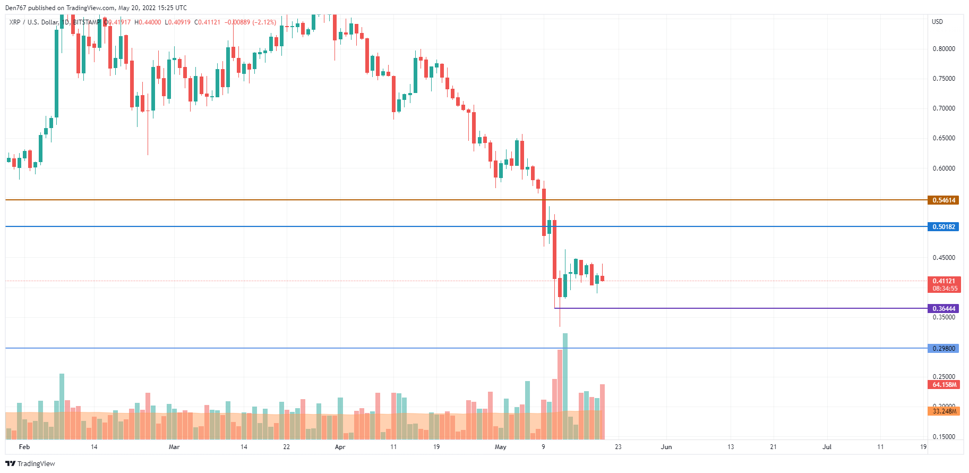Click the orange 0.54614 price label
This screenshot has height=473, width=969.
pos(943,200)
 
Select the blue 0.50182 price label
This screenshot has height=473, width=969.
pos(943,227)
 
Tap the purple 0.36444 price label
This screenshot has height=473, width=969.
pos(943,309)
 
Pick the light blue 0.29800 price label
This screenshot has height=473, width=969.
pos(943,349)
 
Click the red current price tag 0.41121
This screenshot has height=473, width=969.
pos(944,281)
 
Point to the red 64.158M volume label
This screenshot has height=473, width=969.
pos(944,385)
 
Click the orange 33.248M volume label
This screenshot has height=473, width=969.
pos(944,411)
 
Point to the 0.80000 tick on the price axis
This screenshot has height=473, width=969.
pos(944,49)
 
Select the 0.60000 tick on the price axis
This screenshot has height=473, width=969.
pos(944,168)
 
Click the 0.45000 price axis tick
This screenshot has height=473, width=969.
pos(944,258)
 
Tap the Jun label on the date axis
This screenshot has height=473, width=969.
pos(666,447)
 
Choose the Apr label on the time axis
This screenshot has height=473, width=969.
pos(340,447)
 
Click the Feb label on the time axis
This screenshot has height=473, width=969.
pos(24,447)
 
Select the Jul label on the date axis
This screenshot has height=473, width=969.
pos(827,447)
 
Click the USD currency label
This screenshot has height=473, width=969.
pos(937,22)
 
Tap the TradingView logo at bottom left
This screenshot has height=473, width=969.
pos(30,463)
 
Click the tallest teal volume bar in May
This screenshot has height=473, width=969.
pos(565,386)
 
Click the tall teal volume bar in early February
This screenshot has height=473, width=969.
pos(62,406)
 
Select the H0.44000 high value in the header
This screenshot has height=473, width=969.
pos(148,22)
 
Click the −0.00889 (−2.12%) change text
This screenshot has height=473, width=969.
pos(250,22)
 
